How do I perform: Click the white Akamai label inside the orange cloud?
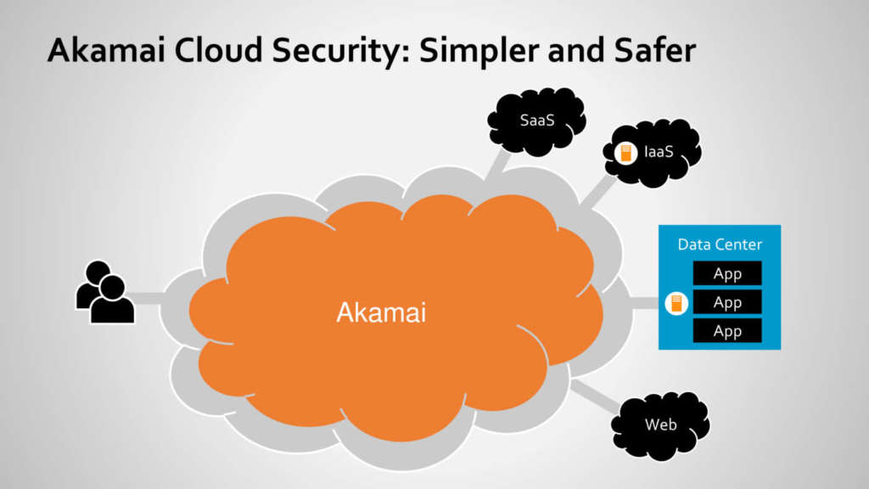[381, 312]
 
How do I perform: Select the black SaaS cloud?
[536, 122]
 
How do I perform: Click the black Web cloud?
[660, 424]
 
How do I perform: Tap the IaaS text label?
[659, 153]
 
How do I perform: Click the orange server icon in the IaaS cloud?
[626, 154]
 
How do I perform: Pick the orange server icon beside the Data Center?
[676, 303]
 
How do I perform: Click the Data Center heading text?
[720, 244]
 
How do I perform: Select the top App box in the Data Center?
[727, 273]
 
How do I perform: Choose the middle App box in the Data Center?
[727, 302]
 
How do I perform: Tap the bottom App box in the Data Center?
[727, 331]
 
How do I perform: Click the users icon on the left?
[105, 292]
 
